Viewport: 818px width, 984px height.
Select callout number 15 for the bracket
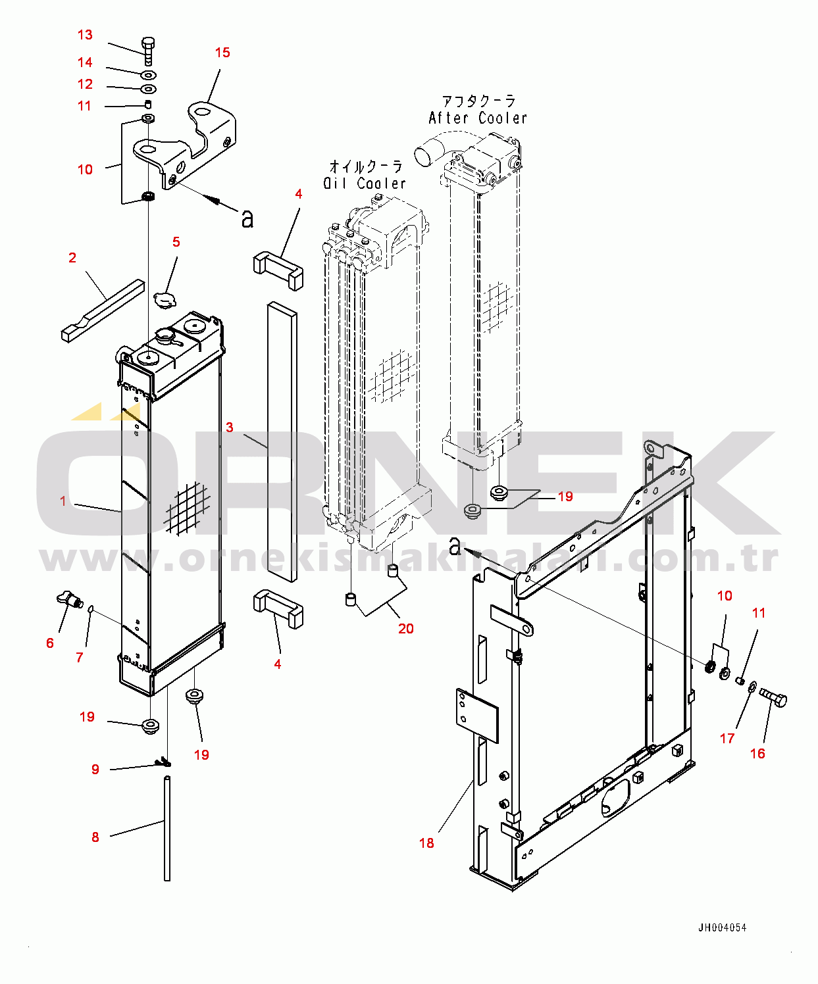point(222,53)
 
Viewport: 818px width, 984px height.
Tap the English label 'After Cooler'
point(478,118)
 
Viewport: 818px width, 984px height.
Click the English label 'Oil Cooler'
point(365,184)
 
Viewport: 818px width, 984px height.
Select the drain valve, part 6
point(67,599)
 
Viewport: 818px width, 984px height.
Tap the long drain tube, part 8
point(167,829)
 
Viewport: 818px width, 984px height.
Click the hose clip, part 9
point(163,763)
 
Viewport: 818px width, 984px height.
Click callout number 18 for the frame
point(426,843)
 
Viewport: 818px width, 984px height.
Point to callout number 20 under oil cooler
point(405,629)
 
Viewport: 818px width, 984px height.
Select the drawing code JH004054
point(722,927)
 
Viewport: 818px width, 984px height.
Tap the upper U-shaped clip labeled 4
point(278,270)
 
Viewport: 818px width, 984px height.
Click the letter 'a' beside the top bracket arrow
point(247,218)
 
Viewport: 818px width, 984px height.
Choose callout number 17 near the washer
point(727,739)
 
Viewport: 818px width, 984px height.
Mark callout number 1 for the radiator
point(63,501)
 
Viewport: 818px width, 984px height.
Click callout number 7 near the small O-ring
point(80,657)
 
